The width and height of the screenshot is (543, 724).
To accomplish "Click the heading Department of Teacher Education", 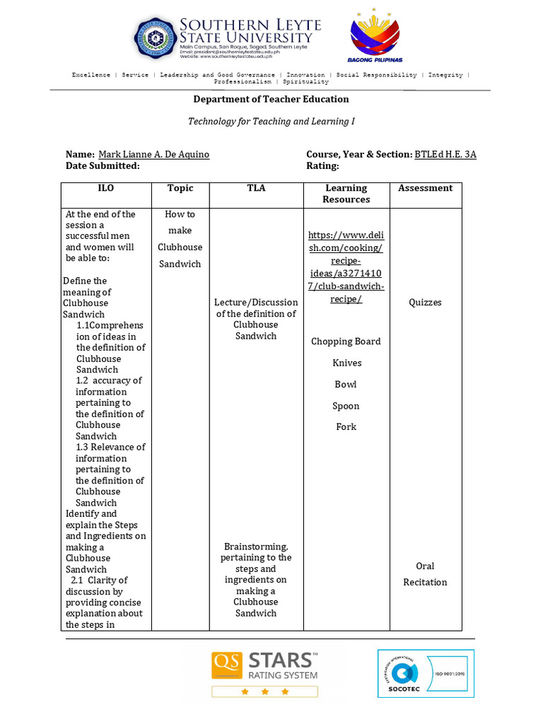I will pos(271,100).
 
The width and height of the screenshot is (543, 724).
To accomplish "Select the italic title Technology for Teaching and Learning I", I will pos(271,122).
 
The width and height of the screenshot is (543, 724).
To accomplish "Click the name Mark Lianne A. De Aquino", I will pos(153,154).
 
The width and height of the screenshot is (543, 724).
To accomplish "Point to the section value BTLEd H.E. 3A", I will pos(445,154).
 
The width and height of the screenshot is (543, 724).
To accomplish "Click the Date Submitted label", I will pos(103,165).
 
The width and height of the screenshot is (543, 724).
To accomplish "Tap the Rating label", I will pos(322,165).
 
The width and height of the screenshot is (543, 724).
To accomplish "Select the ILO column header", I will pos(105,188).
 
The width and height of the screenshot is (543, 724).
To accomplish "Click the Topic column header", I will pos(180,188).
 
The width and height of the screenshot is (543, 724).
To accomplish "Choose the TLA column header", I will pos(256,188).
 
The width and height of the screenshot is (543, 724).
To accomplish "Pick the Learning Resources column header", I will pos(346,194).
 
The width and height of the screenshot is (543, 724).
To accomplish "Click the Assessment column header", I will pos(425,188).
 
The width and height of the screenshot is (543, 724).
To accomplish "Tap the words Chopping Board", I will pos(346,341).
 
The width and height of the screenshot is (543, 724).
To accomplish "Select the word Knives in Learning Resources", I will pos(346,363).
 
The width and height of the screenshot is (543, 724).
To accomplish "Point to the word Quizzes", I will pos(425,303).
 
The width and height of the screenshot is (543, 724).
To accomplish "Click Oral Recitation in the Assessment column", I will pos(425,574).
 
